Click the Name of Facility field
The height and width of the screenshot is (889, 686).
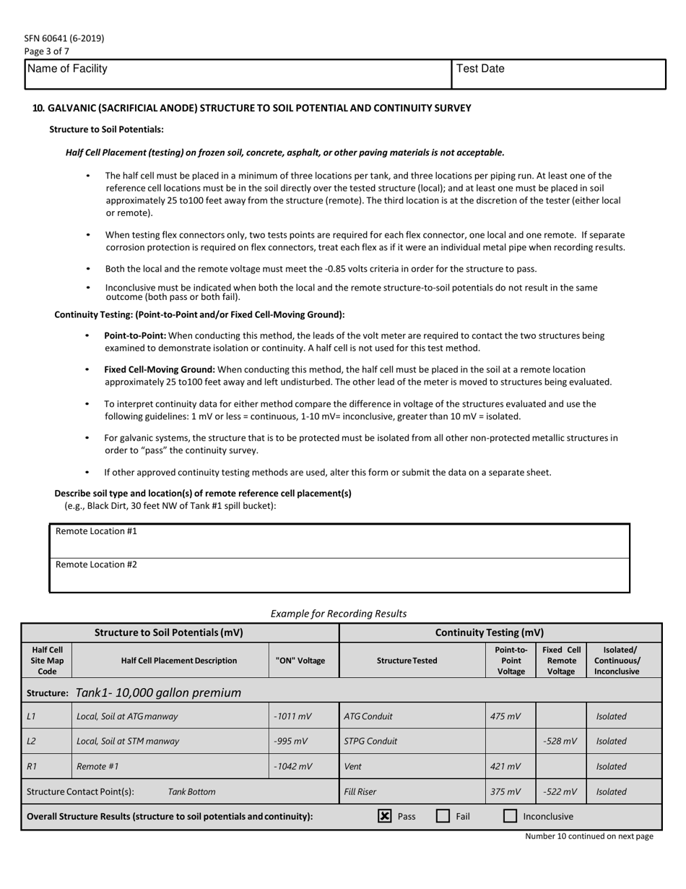click(x=238, y=74)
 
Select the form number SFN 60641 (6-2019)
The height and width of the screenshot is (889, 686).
click(x=64, y=38)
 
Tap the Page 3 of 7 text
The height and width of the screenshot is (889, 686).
click(x=47, y=51)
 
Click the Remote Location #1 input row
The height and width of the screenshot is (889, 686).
click(x=339, y=540)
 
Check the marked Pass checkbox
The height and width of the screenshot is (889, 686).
click(x=385, y=816)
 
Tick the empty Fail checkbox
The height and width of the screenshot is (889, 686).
click(x=443, y=816)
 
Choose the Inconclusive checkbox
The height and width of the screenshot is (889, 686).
click(x=510, y=816)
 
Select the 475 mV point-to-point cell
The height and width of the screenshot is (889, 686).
click(x=511, y=716)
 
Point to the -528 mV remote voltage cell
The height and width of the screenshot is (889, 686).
click(x=561, y=741)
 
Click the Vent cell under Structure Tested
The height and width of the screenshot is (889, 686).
click(x=412, y=766)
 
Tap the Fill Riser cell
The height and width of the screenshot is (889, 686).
click(x=412, y=791)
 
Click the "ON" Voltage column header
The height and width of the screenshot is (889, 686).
click(x=300, y=660)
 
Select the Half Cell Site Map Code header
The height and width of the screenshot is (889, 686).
click(x=47, y=660)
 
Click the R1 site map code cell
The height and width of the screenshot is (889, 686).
click(x=47, y=766)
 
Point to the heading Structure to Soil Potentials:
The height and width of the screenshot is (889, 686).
click(x=106, y=129)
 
